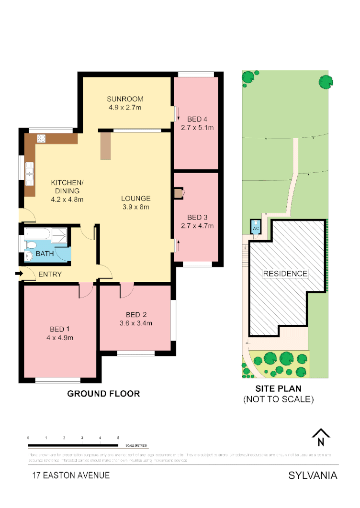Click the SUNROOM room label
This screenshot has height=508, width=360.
125,99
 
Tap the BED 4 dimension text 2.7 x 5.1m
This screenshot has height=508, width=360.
197,128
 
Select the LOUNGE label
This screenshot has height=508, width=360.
135,198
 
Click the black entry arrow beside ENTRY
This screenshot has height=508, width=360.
19,274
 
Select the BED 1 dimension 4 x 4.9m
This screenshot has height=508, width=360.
60,338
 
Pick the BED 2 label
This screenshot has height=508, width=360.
136,314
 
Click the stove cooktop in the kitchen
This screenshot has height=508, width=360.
41,138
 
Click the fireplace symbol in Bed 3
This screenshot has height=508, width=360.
179,193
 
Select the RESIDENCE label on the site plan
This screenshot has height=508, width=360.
284,274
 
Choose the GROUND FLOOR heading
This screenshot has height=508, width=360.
103,394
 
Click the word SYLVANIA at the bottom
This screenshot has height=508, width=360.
313,475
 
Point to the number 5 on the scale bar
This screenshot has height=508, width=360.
118,438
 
